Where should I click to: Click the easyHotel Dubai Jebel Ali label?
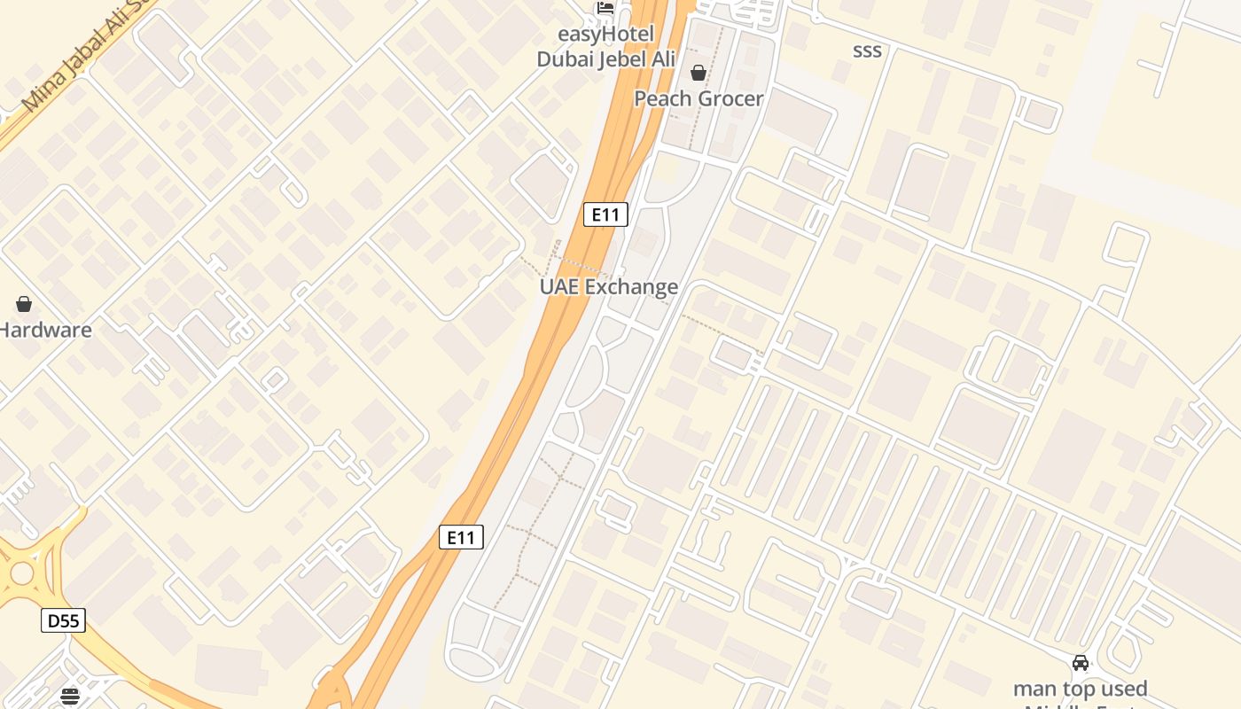coord(606,47)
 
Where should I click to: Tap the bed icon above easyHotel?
coord(605,8)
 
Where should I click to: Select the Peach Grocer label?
coord(699,98)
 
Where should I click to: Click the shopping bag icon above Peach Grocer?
coord(699,73)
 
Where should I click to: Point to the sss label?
coord(867,51)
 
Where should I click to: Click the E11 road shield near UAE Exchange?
coord(606,214)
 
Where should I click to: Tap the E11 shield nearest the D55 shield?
coord(461,536)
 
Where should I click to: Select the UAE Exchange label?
coord(609,286)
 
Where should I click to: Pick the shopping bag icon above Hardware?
coord(24,304)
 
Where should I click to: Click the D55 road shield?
coord(63,620)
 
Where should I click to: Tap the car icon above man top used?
coord(1081,663)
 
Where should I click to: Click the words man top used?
coord(1081,689)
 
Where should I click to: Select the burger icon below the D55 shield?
coord(70,697)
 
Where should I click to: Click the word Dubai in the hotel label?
coord(566,59)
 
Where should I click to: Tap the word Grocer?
coord(730,98)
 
